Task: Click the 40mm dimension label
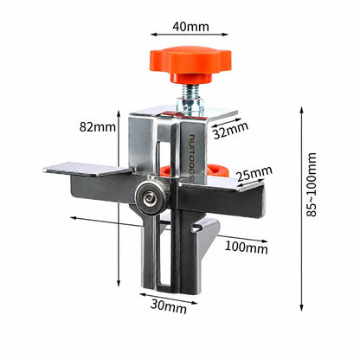pyautogui.click(x=190, y=27)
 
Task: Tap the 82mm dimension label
pyautogui.click(x=97, y=126)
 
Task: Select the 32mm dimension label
pyautogui.click(x=231, y=131)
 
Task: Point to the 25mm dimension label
pyautogui.click(x=254, y=174)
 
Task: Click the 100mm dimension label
pyautogui.click(x=246, y=247)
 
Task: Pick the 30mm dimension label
pyautogui.click(x=169, y=306)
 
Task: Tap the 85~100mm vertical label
pyautogui.click(x=312, y=184)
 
